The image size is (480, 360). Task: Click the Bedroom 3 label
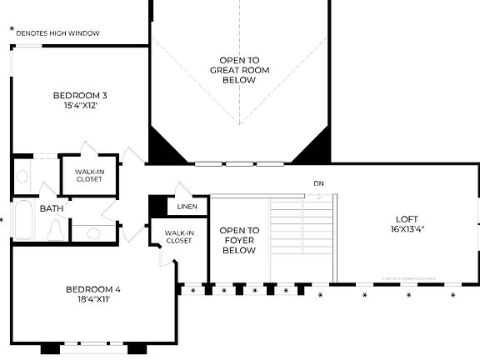pyautogui.click(x=80, y=95)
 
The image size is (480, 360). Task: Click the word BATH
pyautogui.click(x=52, y=208)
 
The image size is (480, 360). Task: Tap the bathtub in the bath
pyautogui.click(x=22, y=220)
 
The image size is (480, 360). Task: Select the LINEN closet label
pyautogui.click(x=187, y=207)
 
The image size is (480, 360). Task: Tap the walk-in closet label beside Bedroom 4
pyautogui.click(x=177, y=237)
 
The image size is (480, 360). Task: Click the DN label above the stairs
pyautogui.click(x=318, y=183)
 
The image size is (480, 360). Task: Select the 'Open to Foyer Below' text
pyautogui.click(x=239, y=239)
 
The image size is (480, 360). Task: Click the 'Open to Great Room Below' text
pyautogui.click(x=239, y=70)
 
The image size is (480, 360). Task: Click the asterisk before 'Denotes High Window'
pyautogui.click(x=12, y=32)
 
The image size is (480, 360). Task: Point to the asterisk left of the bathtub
pyautogui.click(x=2, y=221)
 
